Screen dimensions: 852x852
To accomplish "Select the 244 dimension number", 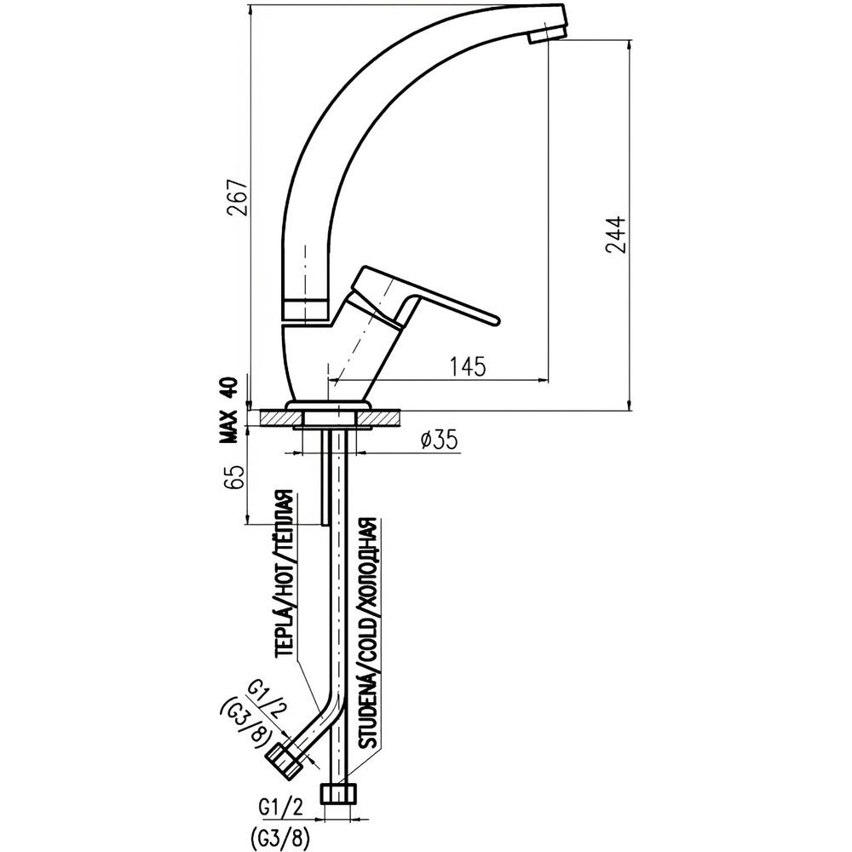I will click(x=615, y=235).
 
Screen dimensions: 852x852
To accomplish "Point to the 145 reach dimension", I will click(x=468, y=366).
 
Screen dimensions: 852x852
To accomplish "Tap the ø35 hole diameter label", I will click(x=440, y=440).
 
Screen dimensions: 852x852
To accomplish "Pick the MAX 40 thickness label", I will click(x=227, y=412).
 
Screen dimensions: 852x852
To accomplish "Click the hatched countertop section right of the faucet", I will click(x=384, y=418).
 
